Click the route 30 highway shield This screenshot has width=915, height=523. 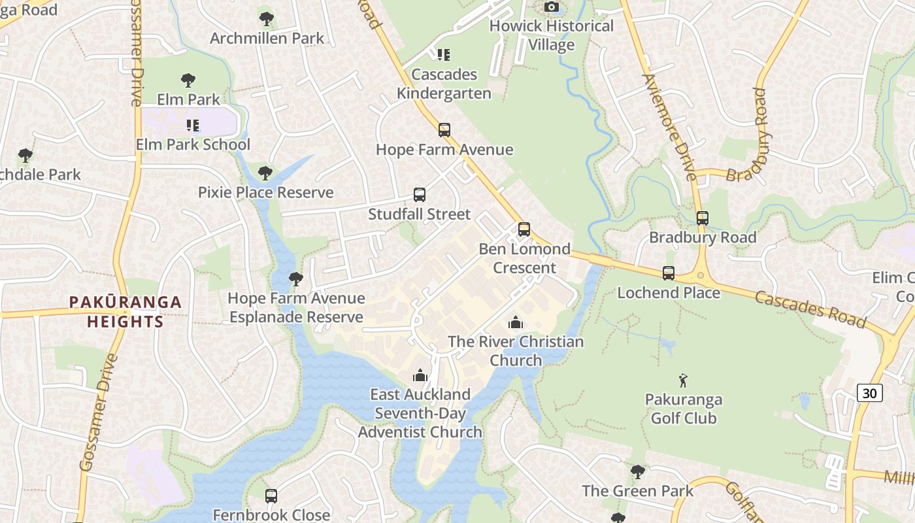pos(869,392)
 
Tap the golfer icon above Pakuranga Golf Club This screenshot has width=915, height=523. pos(683,380)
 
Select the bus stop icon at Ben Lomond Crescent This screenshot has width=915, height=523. pos(524,229)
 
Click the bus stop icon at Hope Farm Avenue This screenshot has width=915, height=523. pos(444,130)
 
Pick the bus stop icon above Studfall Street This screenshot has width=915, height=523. pos(420,195)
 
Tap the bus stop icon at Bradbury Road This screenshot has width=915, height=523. pos(703,218)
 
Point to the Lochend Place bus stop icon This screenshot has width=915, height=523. pos(668,273)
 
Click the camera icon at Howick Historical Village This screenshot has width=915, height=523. pos(552,7)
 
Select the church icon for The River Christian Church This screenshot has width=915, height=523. pos(516,322)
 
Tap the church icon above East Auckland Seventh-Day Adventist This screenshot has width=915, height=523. pos(420,375)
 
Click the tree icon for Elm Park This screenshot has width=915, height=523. pos(188,80)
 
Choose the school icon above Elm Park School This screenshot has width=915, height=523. pos(192,125)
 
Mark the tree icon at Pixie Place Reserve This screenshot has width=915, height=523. pos(265,173)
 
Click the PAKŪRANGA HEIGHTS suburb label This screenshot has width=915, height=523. pos(125,312)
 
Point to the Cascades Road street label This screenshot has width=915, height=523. pos(810,309)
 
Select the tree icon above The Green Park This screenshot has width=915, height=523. pos(637,471)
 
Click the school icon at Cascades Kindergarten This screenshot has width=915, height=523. pos(444,55)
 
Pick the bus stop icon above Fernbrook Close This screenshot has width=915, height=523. pos(271,496)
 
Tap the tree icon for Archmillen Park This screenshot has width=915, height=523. pos(266,19)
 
